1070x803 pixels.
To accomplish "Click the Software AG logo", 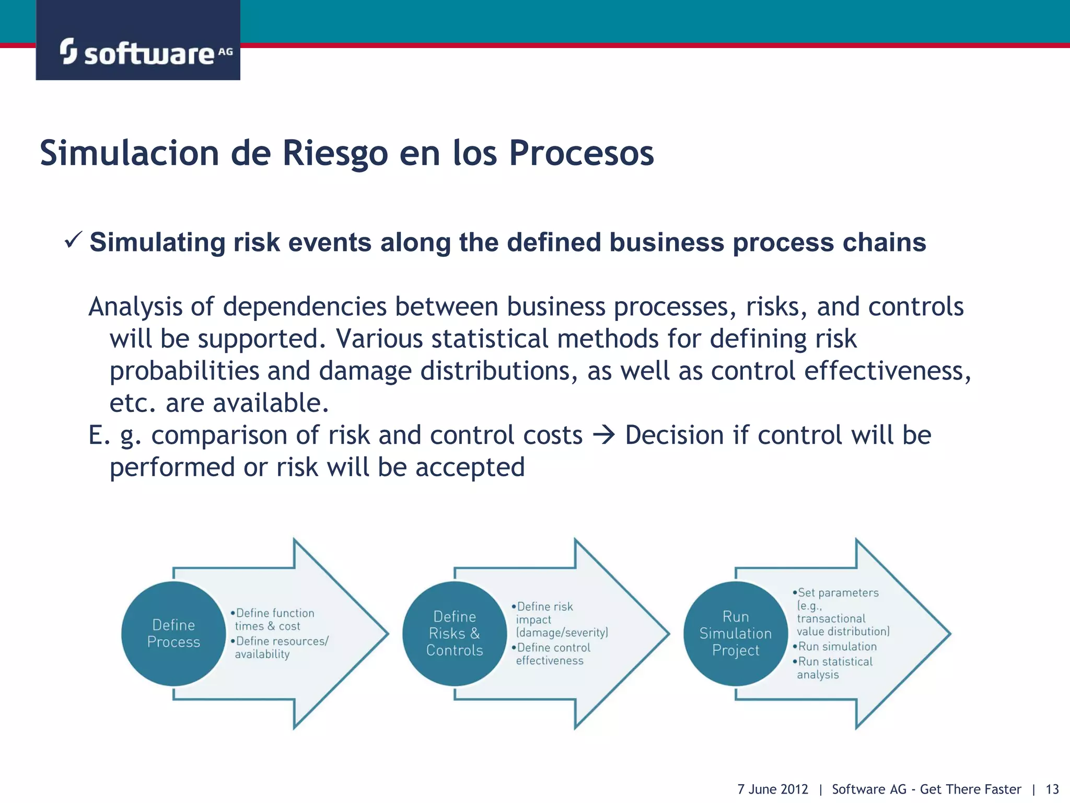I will click(x=145, y=52).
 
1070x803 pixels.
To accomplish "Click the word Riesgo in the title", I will click(x=335, y=153).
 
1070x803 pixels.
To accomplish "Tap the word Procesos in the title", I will click(x=581, y=153).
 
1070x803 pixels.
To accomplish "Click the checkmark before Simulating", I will click(x=73, y=240).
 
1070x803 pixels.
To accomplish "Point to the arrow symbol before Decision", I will click(x=604, y=435).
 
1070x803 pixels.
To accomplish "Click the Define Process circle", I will click(x=173, y=633).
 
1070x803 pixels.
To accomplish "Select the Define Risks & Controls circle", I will click(x=454, y=633).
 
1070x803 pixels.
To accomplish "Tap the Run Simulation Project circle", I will click(x=735, y=633).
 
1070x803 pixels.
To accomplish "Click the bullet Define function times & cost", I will click(x=273, y=620).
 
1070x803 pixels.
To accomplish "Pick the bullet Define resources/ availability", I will click(x=280, y=647).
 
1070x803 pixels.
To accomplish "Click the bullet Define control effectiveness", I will click(x=551, y=654).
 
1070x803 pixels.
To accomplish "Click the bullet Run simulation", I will click(x=836, y=647).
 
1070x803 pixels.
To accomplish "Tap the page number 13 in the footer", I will click(x=1052, y=789).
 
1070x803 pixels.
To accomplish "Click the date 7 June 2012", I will click(x=772, y=789).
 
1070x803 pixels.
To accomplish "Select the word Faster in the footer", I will click(x=1001, y=789).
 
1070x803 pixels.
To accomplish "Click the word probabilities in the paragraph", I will click(x=184, y=371).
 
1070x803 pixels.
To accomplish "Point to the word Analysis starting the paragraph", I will click(x=135, y=307).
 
